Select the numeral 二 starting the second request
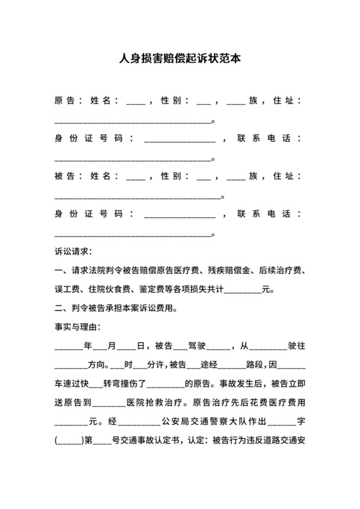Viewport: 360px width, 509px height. coord(59,308)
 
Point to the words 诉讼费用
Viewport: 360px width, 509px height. coord(154,308)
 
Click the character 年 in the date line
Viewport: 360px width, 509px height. coord(89,346)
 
